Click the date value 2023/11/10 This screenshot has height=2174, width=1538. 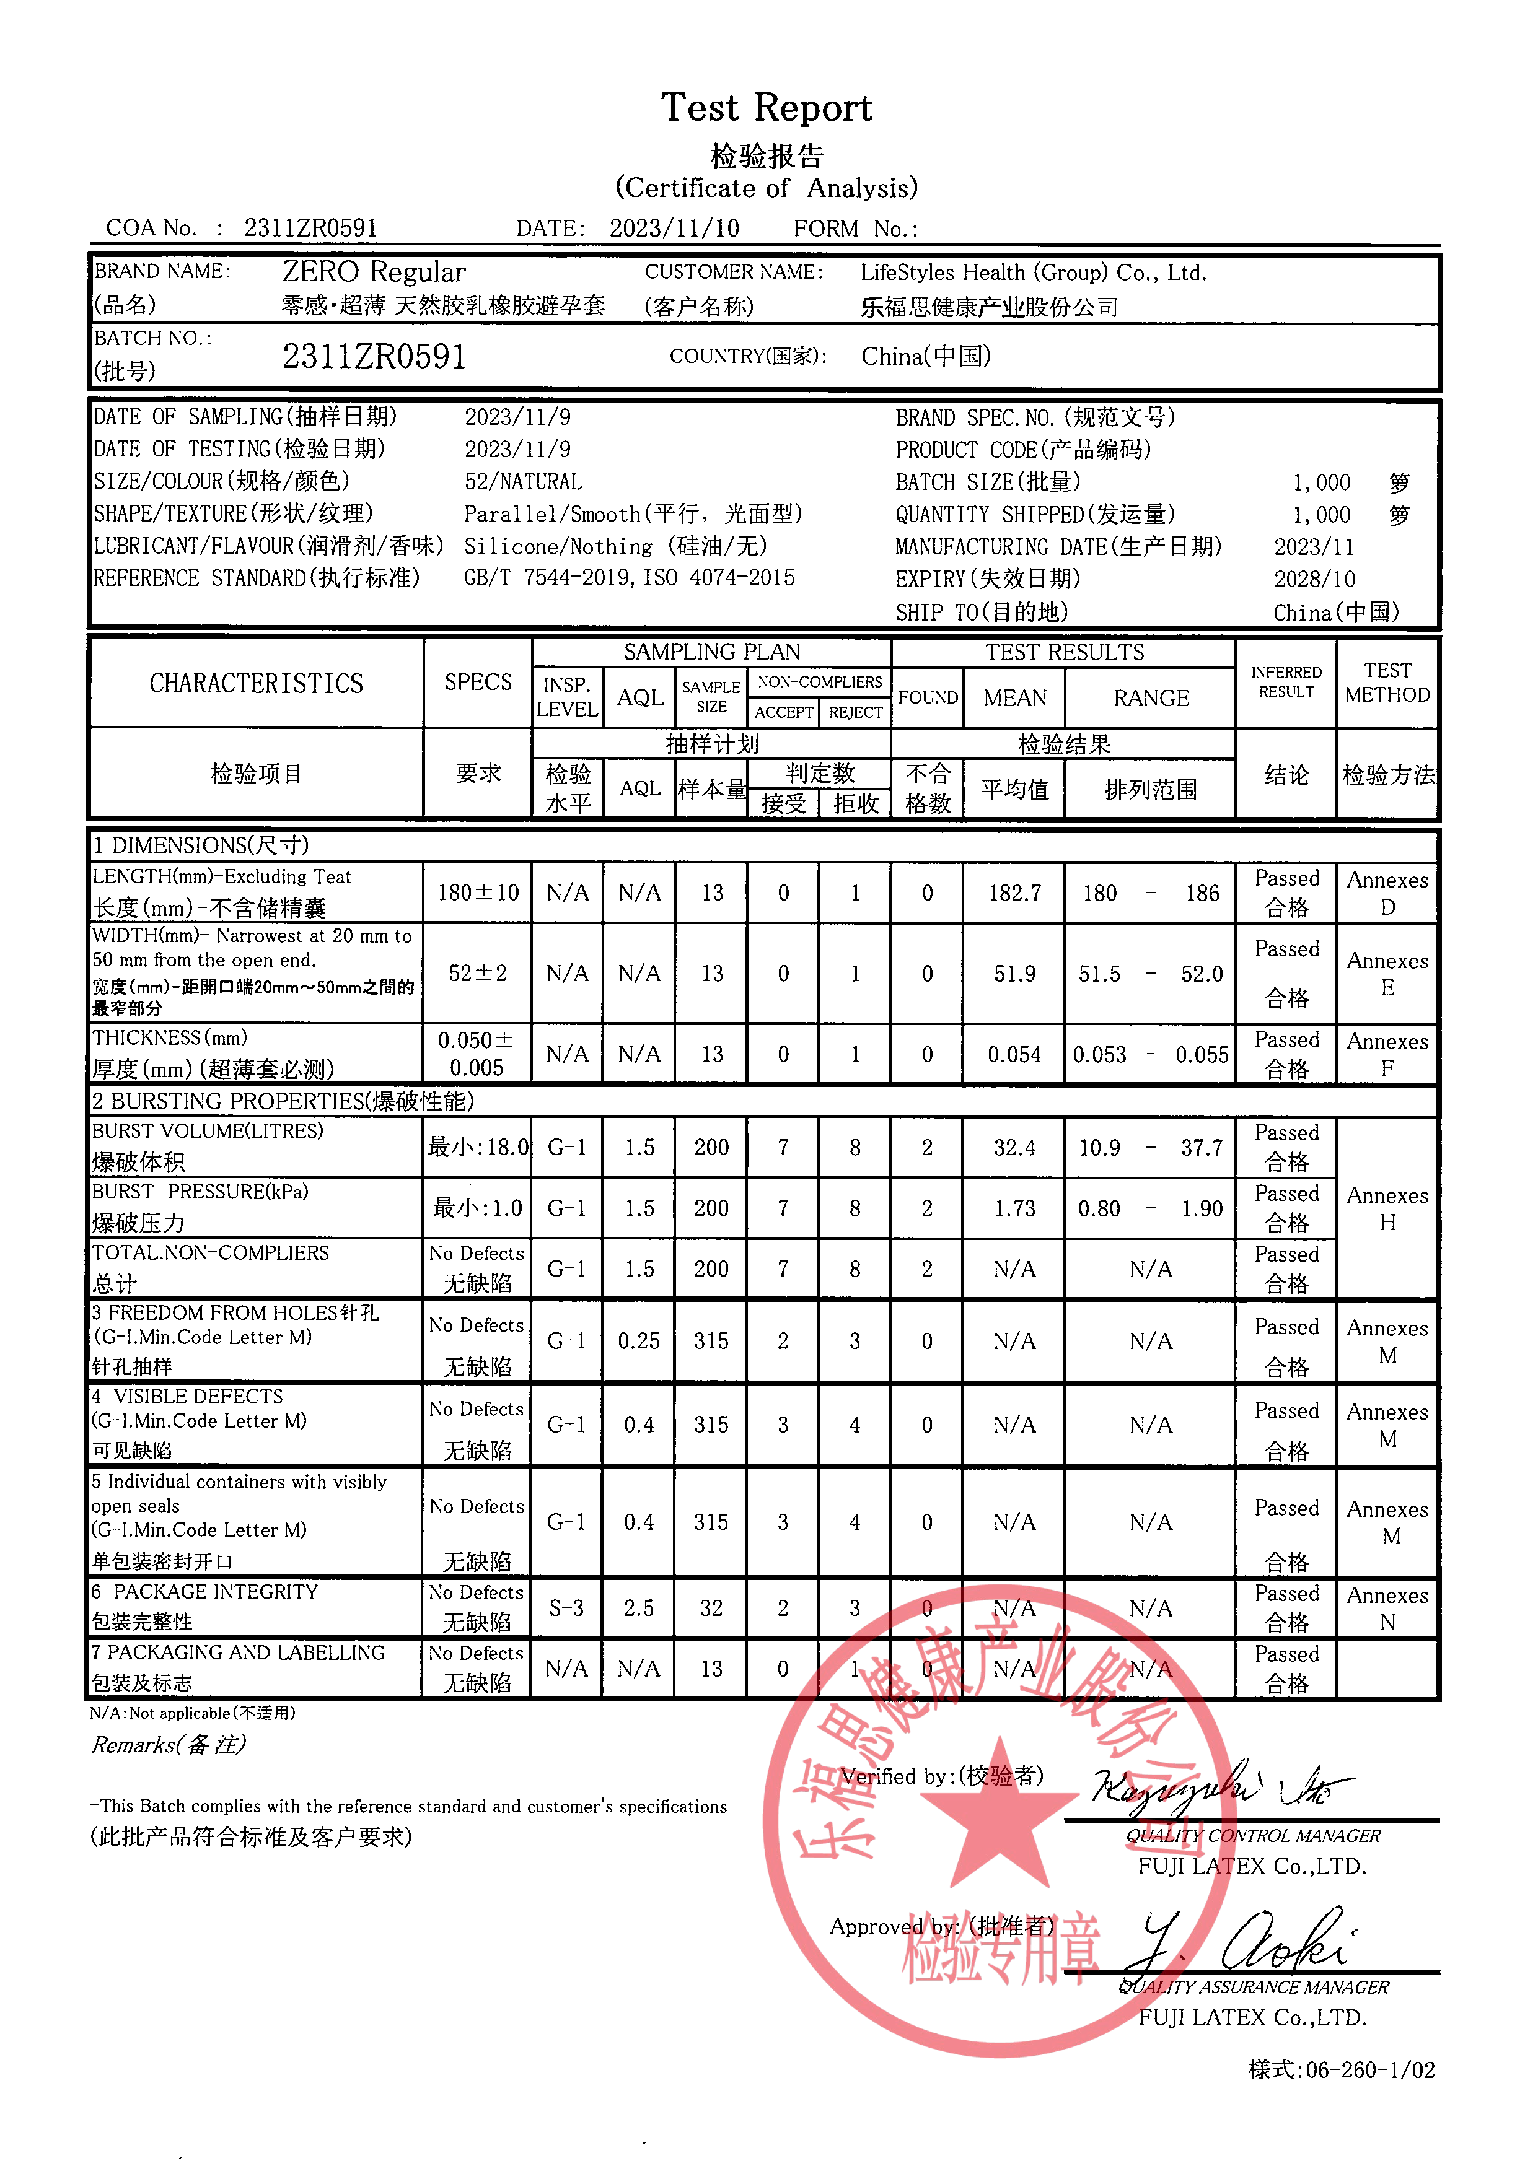[674, 228]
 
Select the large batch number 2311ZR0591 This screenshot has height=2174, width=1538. [374, 357]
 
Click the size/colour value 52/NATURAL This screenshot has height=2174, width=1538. [523, 482]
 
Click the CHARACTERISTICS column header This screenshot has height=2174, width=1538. [256, 684]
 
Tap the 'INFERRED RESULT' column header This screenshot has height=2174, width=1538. [1285, 683]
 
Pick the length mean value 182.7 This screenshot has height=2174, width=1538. [1014, 894]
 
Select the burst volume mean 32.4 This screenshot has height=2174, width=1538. [1014, 1148]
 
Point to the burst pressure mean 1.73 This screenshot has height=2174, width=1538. [1014, 1209]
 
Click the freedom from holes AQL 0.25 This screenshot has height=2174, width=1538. [639, 1342]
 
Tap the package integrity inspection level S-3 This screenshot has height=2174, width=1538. [566, 1609]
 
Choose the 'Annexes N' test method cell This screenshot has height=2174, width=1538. [1387, 1609]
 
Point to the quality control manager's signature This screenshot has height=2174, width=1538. [1222, 1789]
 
